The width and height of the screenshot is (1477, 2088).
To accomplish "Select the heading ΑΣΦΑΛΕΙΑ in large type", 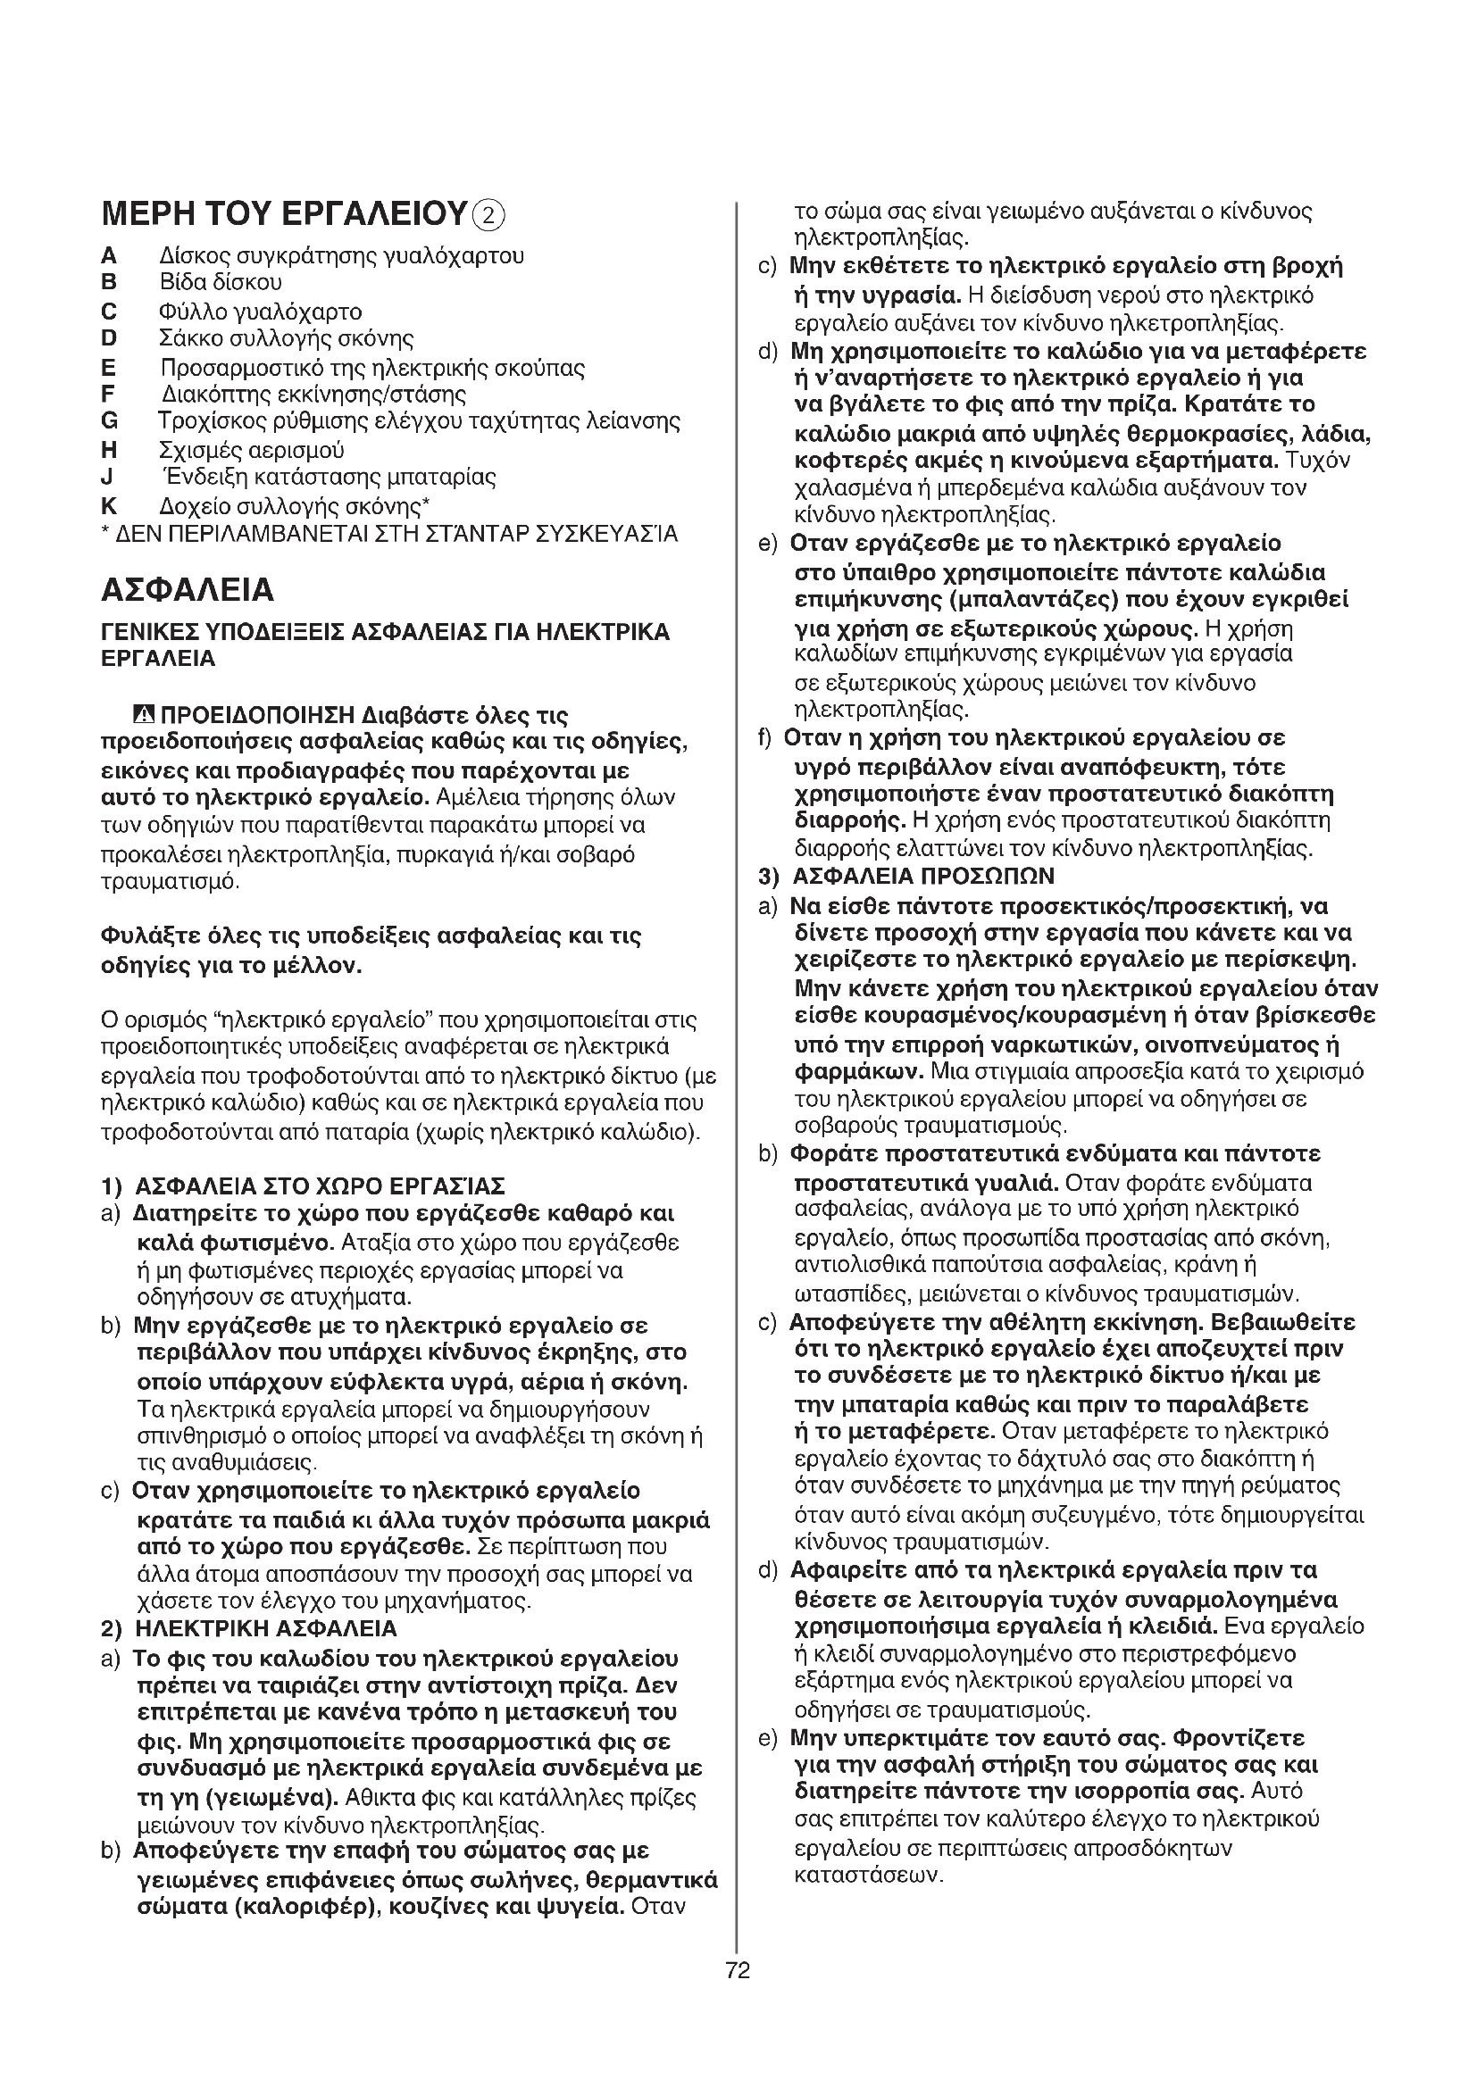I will pos(187,590).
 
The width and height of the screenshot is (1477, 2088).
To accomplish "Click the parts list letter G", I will pos(109,421).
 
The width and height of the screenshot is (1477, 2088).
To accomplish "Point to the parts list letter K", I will pos(109,505).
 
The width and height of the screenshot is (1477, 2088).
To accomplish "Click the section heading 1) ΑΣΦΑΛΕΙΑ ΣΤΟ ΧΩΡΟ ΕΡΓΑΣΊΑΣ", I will pos(302,1185).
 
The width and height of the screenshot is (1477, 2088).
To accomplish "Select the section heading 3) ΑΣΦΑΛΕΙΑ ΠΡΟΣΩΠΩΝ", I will pos(906,877).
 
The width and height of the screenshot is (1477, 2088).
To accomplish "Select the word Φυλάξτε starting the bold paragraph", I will pos(143,936).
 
